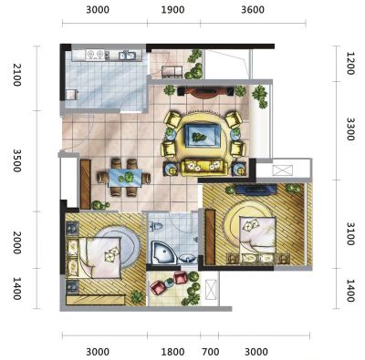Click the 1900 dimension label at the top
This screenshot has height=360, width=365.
172,10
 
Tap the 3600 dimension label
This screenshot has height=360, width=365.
253,10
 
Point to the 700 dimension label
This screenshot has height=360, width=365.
211,352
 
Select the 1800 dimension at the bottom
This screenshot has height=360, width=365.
172,352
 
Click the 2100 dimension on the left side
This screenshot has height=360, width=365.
16,75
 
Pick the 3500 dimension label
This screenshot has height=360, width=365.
16,160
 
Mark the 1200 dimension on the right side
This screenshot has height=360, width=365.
350,64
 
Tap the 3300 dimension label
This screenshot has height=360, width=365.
350,129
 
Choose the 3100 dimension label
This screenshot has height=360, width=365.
350,234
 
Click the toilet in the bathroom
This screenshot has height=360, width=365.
156,226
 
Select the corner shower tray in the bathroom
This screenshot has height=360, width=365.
163,252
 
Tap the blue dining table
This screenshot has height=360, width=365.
125,178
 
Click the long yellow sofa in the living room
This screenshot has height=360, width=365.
204,168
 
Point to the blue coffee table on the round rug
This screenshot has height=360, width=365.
203,136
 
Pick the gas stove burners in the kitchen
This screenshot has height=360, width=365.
95,55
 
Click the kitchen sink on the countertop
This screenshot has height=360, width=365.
127,56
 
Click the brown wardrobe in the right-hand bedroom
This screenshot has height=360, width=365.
210,237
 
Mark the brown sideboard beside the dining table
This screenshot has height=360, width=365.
86,184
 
